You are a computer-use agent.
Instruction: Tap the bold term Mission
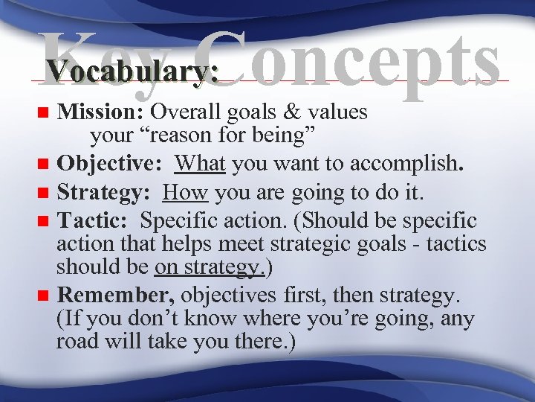click(101, 112)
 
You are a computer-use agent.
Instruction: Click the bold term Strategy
click(105, 194)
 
